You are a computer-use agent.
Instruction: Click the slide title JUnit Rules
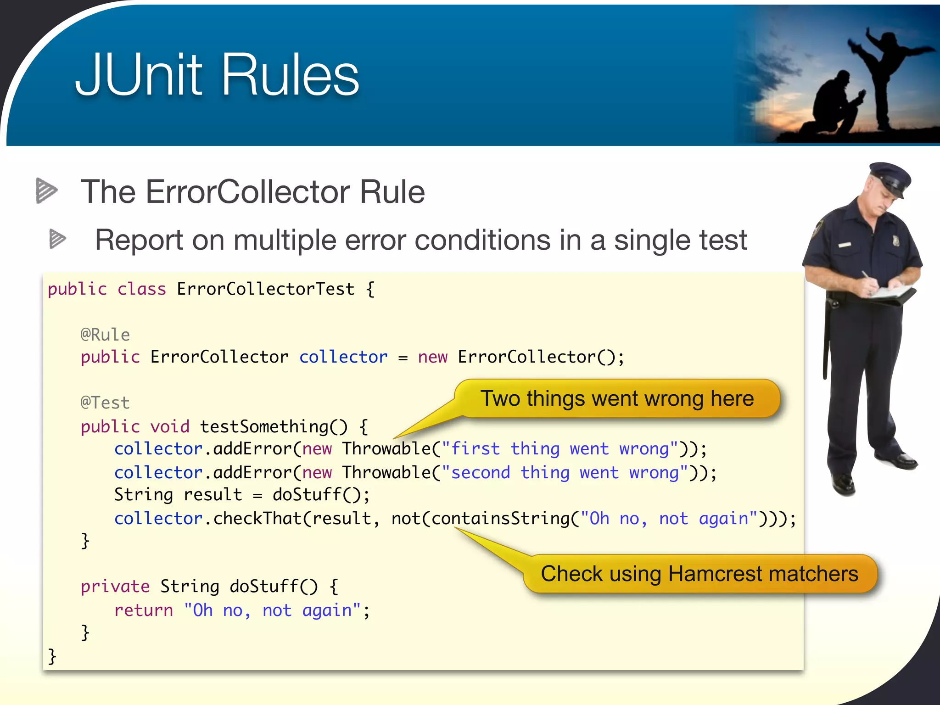point(217,75)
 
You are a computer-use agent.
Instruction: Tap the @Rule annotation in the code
point(105,335)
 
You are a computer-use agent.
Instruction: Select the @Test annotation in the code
point(105,403)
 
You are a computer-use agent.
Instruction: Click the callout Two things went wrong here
point(616,398)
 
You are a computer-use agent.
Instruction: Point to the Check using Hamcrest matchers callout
point(699,574)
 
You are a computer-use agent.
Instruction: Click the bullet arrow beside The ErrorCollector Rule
point(46,190)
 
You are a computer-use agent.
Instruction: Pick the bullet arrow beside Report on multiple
point(57,239)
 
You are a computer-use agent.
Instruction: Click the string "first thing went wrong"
point(560,448)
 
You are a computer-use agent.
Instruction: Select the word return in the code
point(144,610)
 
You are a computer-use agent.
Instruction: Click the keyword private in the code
point(115,586)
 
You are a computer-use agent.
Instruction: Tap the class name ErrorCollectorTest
point(265,289)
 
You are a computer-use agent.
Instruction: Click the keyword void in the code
point(170,426)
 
